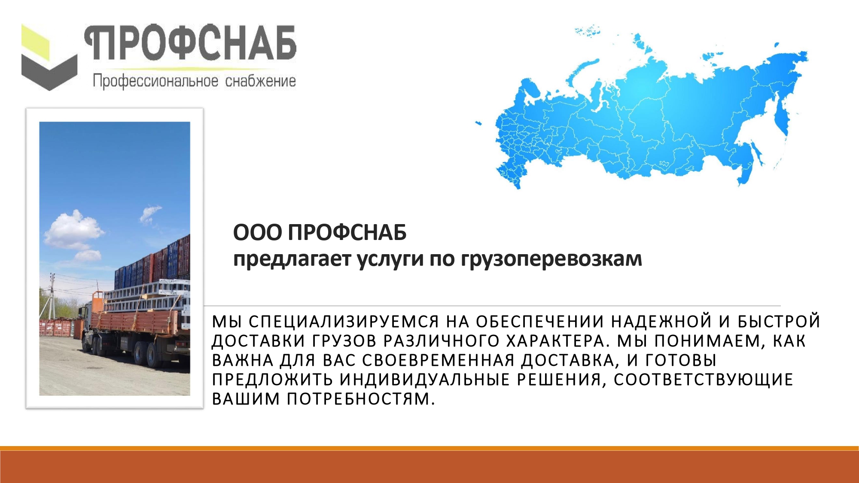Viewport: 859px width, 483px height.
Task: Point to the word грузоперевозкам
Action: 551,259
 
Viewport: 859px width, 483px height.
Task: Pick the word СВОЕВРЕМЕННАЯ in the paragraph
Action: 438,360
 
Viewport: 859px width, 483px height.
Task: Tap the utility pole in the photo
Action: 52,296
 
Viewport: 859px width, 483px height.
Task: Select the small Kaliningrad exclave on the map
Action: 478,124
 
